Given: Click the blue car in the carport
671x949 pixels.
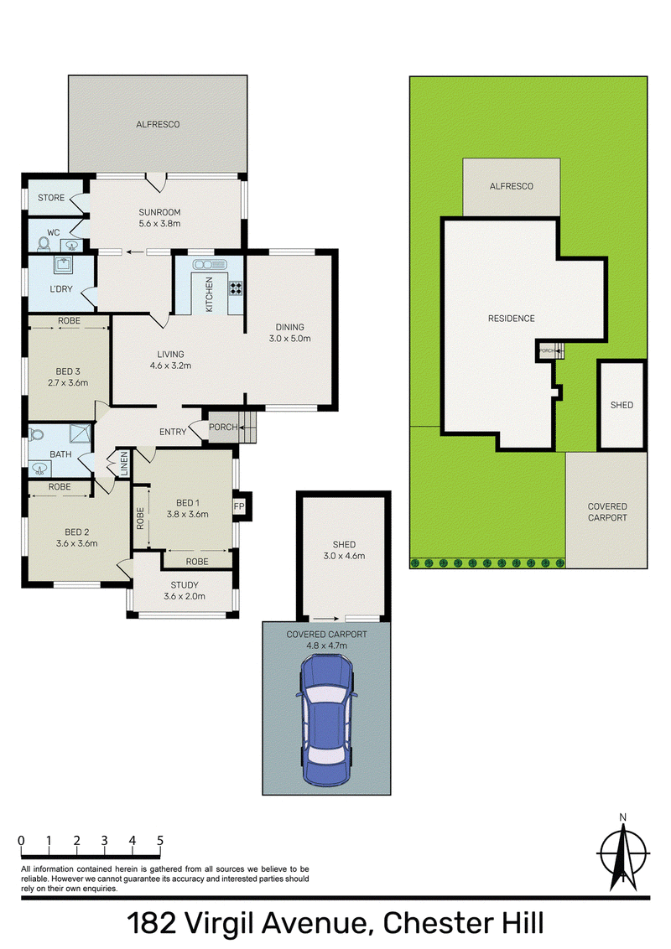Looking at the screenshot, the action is tap(326, 720).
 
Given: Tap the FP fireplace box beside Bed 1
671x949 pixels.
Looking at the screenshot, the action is tap(240, 506).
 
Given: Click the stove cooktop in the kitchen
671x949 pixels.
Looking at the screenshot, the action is tap(236, 288).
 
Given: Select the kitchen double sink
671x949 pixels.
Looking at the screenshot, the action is tap(210, 264).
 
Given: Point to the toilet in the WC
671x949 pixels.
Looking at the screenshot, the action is tap(44, 243).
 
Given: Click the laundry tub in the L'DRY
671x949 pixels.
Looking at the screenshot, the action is tap(63, 264).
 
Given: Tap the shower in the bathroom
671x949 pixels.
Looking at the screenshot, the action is tap(80, 434).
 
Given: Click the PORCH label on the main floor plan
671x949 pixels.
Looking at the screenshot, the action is tap(223, 427).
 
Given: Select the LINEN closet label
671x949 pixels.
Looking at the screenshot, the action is tap(124, 464).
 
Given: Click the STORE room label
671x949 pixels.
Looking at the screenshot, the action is tap(51, 197).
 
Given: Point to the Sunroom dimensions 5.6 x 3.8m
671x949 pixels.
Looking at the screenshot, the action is tap(160, 223).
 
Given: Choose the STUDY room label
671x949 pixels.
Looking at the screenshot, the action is tap(185, 584).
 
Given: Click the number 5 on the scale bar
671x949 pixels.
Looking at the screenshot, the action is tap(160, 840).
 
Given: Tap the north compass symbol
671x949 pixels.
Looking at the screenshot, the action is tap(622, 853).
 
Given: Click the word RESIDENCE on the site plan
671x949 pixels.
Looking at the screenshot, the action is tap(512, 319).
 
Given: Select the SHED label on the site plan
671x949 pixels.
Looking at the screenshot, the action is tap(622, 405).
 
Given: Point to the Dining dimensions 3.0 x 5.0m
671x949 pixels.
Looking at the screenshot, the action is tap(290, 339).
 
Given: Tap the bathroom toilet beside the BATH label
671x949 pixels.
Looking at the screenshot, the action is tap(36, 434).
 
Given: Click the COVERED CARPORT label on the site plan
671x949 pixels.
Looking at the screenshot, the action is tap(607, 512).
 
